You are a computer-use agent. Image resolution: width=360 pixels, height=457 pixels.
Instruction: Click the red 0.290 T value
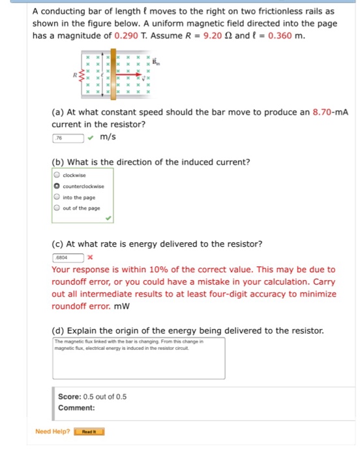click(128, 35)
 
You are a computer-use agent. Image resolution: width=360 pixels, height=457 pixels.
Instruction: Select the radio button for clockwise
click(57, 175)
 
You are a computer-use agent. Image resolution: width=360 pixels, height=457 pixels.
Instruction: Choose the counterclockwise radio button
click(57, 186)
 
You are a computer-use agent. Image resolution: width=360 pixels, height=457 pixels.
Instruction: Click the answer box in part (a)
click(68, 138)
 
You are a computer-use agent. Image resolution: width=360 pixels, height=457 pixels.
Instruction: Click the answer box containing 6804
click(68, 257)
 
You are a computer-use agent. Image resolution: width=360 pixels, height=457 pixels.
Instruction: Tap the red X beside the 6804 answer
click(90, 257)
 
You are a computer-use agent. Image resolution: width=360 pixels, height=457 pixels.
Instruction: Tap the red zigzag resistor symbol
click(83, 76)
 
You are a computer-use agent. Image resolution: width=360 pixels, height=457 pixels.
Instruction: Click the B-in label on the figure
click(156, 61)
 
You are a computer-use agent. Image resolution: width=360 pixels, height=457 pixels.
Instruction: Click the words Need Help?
click(52, 432)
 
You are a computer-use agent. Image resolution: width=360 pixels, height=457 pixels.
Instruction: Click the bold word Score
click(69, 396)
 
